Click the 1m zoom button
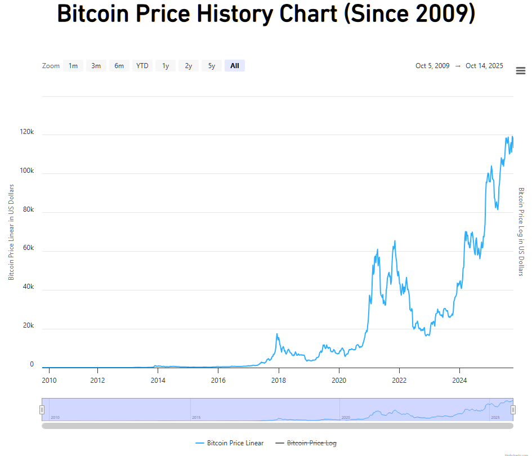[73, 66]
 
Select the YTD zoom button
[142, 66]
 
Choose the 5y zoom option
[211, 66]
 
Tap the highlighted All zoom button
[234, 66]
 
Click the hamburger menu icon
[521, 70]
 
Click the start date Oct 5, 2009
[432, 66]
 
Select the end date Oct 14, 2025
[484, 66]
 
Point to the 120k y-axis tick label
[27, 133]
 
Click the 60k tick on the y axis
[28, 249]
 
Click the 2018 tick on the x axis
[279, 380]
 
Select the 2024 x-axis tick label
[460, 380]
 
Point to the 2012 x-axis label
[98, 380]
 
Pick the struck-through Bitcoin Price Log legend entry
[311, 443]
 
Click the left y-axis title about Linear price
[11, 232]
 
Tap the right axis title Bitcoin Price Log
[521, 232]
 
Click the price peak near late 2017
[277, 334]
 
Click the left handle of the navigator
[42, 410]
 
